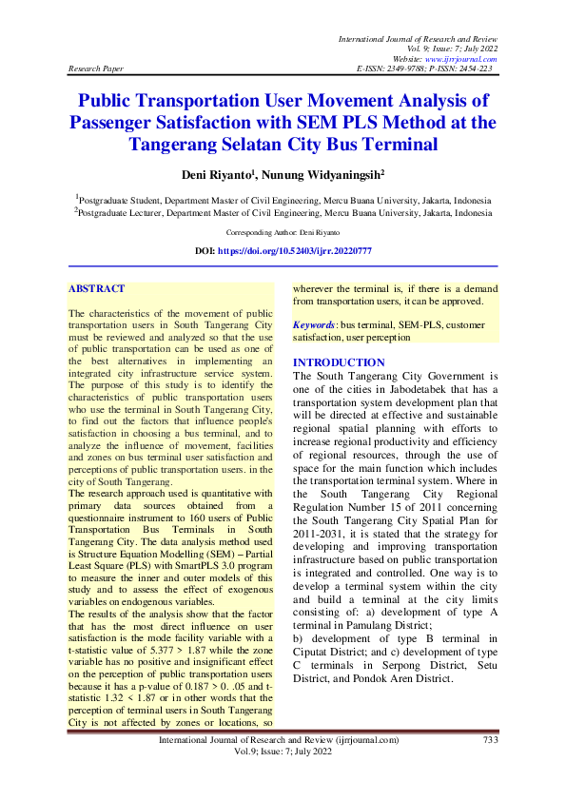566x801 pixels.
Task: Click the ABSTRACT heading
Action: pyautogui.click(x=97, y=287)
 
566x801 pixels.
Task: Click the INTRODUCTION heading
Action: pyautogui.click(x=339, y=362)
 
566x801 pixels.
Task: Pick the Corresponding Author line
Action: pyautogui.click(x=283, y=232)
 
